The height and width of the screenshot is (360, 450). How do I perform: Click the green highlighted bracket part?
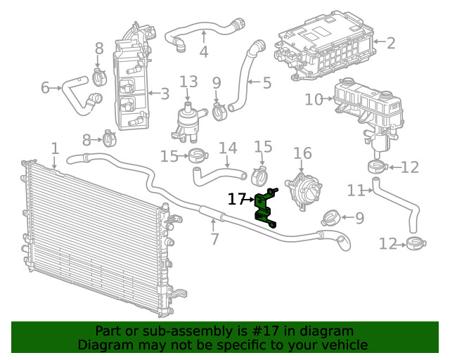264,207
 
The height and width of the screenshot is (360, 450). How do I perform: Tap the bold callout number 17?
236,199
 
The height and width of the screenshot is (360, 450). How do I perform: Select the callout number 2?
391,43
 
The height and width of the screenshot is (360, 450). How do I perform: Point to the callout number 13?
188,82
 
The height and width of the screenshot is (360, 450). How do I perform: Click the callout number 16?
302,153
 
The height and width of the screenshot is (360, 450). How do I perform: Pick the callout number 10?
314,99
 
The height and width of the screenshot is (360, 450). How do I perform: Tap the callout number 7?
215,239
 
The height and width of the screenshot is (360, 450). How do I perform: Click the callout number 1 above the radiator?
55,148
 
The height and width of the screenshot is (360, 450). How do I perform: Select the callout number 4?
203,52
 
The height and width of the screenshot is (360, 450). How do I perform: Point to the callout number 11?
356,191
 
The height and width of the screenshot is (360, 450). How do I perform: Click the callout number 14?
228,148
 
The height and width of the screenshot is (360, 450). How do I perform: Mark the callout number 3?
165,94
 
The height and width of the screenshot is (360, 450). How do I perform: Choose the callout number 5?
267,83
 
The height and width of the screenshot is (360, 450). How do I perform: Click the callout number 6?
45,88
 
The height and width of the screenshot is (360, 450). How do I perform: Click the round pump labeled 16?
304,191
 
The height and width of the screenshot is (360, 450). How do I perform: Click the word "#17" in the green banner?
266,331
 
